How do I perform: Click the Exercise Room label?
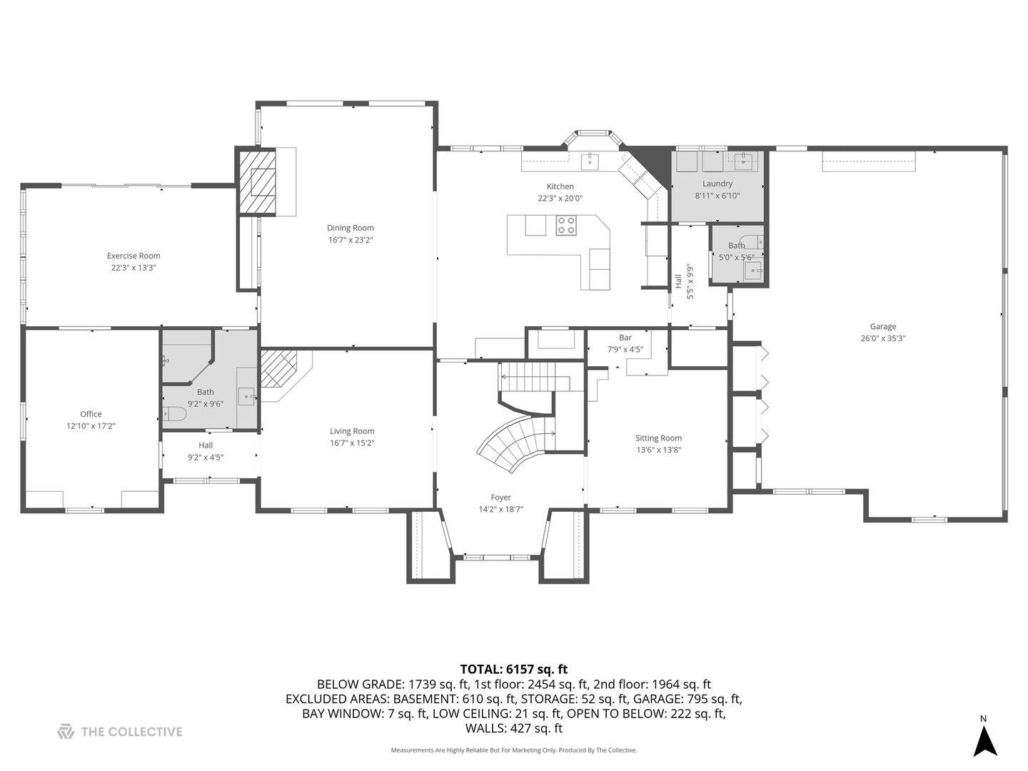pyautogui.click(x=133, y=256)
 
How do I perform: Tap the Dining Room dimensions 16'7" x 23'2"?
pyautogui.click(x=351, y=241)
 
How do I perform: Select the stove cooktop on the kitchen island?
pyautogui.click(x=566, y=226)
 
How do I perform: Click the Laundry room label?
pyautogui.click(x=717, y=183)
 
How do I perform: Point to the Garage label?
pyautogui.click(x=883, y=326)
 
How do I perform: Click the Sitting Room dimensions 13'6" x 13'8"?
pyautogui.click(x=658, y=450)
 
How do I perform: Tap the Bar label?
pyautogui.click(x=625, y=338)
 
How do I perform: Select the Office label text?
pyautogui.click(x=91, y=414)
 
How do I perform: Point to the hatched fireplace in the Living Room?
pyautogui.click(x=279, y=368)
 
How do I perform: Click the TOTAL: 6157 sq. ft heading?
pyautogui.click(x=513, y=669)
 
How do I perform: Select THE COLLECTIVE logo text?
pyautogui.click(x=131, y=732)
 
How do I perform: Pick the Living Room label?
pyautogui.click(x=352, y=431)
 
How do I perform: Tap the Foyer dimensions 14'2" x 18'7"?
pyautogui.click(x=500, y=510)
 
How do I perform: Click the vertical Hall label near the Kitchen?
pyautogui.click(x=678, y=281)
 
